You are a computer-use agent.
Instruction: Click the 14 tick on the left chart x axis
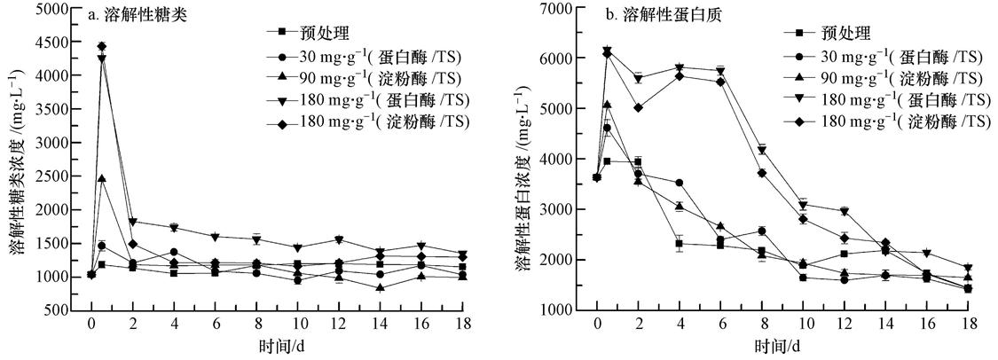tap(379, 325)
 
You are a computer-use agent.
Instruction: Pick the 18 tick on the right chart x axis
tap(966, 325)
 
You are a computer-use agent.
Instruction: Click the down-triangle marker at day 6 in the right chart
tap(719, 71)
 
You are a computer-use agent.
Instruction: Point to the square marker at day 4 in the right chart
tap(679, 244)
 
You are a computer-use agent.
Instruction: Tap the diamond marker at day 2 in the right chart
tap(638, 107)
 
